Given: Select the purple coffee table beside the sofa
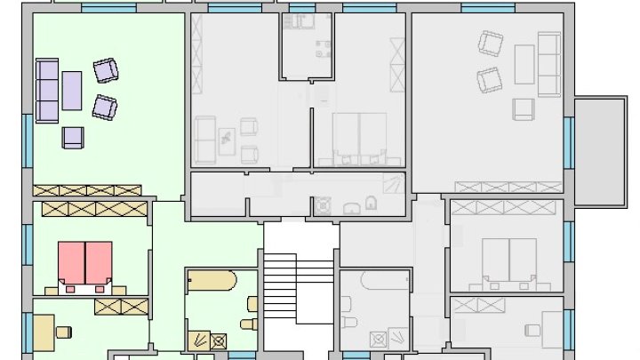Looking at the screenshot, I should tap(71, 90).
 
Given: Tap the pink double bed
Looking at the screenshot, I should tap(85, 263).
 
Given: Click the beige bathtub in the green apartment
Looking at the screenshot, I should tap(212, 283).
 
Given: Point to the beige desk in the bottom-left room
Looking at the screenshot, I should tap(44, 332).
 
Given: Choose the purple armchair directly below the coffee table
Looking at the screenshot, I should tap(73, 137).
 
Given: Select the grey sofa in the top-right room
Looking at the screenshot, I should tap(549, 64).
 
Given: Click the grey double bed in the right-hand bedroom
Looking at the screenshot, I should tap(509, 260).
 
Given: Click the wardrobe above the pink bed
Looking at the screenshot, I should tap(90, 208).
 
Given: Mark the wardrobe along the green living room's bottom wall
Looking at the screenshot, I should tap(86, 190).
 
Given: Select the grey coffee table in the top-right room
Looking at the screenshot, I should tap(524, 64).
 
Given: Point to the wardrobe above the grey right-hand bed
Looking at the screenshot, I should tap(505, 207).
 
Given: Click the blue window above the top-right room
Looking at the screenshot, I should tap(488, 8).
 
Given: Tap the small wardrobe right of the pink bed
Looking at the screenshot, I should tap(120, 307).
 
